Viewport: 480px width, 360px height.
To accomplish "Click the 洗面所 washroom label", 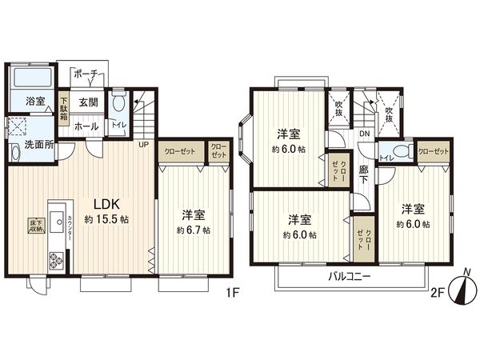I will click(x=37, y=146).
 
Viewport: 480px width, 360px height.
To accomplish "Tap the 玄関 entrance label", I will click(x=88, y=102).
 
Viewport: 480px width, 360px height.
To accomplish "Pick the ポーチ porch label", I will click(x=86, y=74).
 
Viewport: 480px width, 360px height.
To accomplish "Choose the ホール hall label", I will click(x=86, y=126).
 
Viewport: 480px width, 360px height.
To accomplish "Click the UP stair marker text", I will click(x=144, y=145).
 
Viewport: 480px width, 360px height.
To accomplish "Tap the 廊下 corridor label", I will click(x=365, y=175).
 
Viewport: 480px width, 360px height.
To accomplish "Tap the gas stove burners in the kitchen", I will click(x=58, y=259).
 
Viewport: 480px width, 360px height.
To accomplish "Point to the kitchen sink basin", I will click(x=57, y=218).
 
